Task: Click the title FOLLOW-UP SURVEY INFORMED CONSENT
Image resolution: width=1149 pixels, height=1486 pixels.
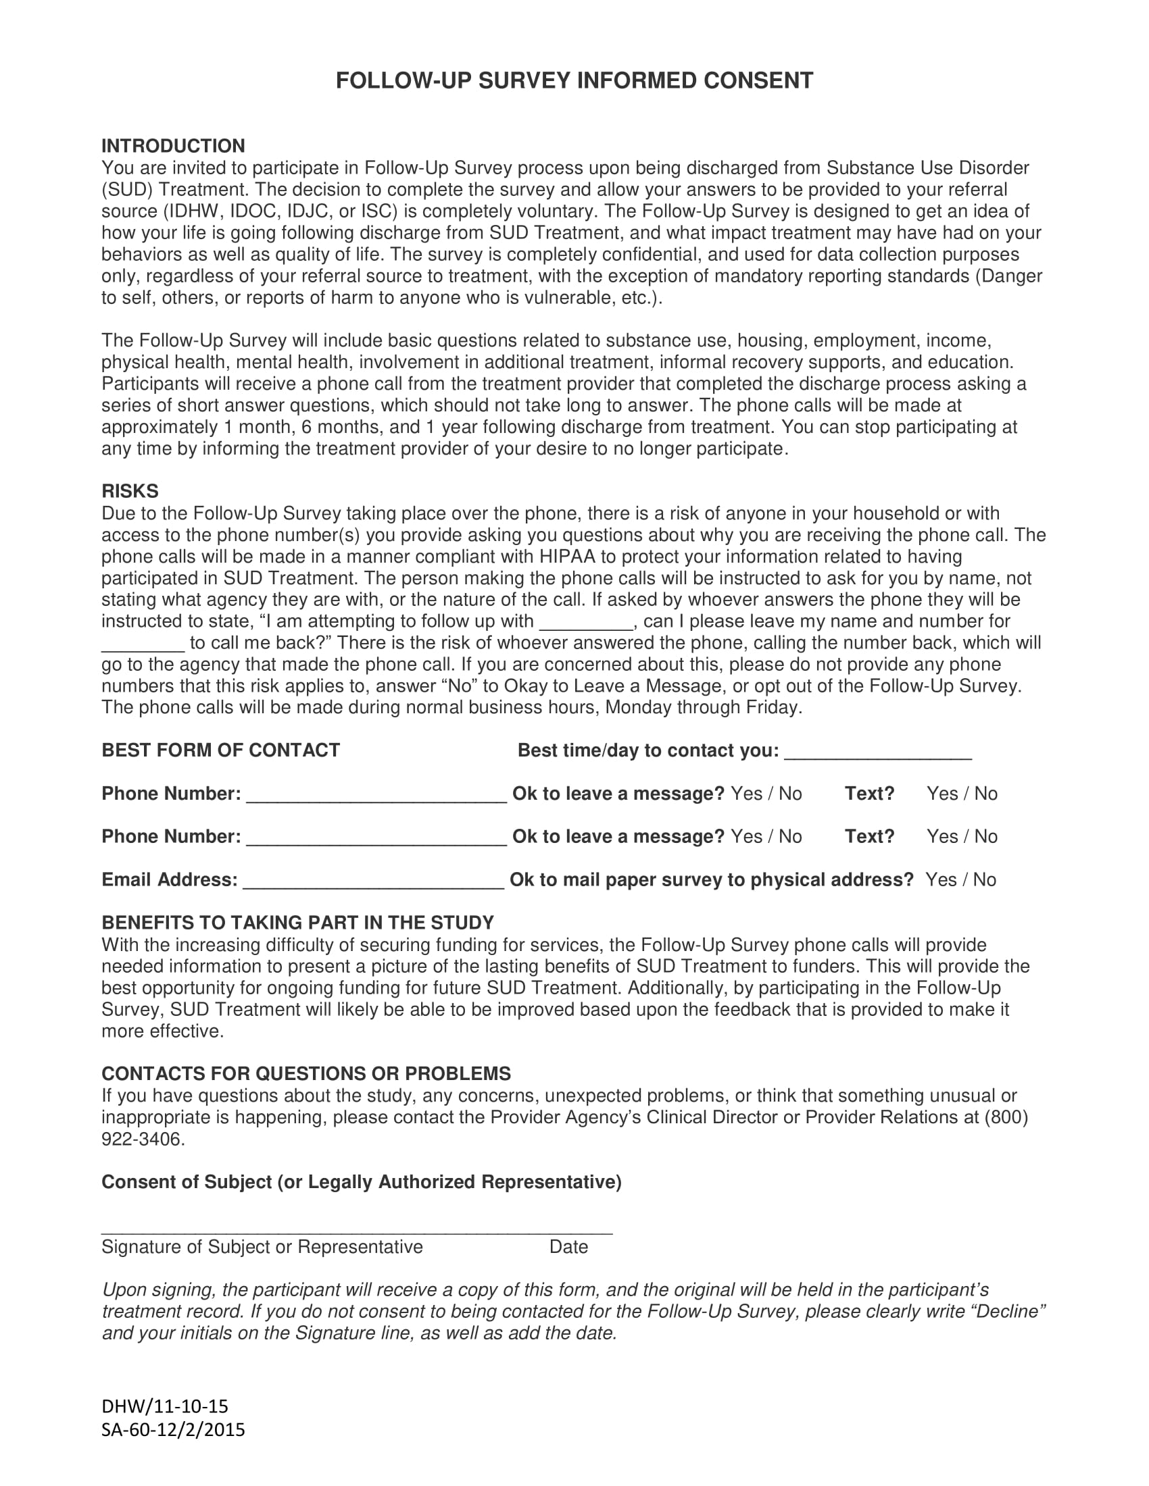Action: point(574,81)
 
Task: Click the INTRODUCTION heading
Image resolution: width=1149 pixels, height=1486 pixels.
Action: point(173,146)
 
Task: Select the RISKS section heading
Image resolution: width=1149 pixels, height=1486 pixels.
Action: point(130,491)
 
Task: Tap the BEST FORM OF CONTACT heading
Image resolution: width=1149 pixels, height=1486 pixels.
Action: point(220,750)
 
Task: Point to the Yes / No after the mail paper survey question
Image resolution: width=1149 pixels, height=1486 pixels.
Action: point(960,879)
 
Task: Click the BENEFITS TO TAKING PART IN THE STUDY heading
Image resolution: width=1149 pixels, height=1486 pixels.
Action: point(297,923)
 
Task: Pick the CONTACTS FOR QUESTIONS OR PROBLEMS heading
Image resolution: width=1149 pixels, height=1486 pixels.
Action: point(305,1074)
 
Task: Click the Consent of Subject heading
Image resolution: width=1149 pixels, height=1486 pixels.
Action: point(362,1182)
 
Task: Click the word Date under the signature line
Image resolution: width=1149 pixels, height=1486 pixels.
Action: point(568,1246)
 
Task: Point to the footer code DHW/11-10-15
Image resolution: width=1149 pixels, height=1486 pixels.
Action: point(165,1406)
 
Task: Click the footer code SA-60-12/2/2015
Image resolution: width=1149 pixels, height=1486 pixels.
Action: point(173,1429)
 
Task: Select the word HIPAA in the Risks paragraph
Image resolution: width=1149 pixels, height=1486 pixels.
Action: point(567,557)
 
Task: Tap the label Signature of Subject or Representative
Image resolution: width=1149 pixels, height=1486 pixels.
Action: point(262,1246)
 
